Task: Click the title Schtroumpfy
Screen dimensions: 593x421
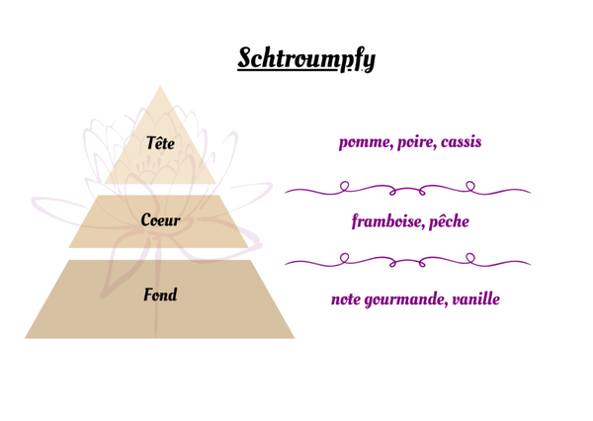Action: (306, 58)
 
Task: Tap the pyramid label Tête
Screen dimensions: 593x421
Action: (160, 143)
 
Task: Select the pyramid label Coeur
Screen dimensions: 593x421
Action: (160, 219)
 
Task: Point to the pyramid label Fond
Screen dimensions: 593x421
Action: (160, 295)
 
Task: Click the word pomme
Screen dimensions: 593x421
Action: (364, 142)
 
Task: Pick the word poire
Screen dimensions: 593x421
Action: (415, 142)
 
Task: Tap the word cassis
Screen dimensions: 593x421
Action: (461, 142)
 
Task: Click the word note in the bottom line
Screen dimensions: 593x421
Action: (347, 297)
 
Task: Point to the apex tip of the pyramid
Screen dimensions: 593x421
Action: (160, 86)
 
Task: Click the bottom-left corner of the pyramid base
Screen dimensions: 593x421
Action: (27, 337)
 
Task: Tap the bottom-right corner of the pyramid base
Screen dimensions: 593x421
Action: (294, 337)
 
